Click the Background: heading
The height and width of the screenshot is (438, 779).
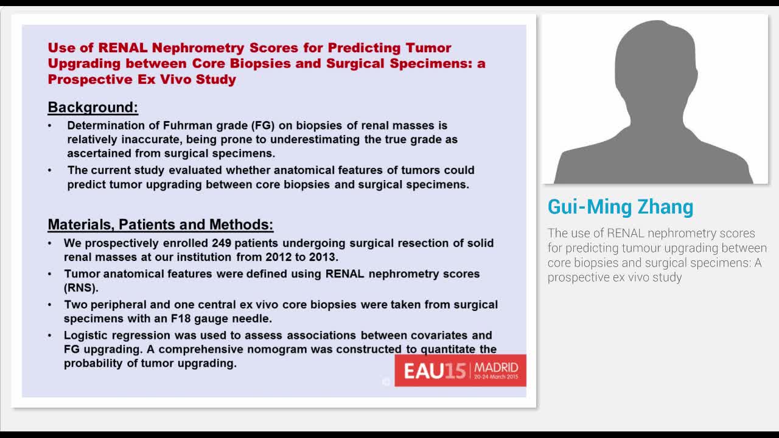pyautogui.click(x=93, y=108)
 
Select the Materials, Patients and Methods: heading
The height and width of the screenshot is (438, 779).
pyautogui.click(x=160, y=224)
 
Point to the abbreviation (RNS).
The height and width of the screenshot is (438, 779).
pyautogui.click(x=81, y=288)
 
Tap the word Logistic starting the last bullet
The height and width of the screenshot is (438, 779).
pyautogui.click(x=85, y=335)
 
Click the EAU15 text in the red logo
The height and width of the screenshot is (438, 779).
pyautogui.click(x=434, y=371)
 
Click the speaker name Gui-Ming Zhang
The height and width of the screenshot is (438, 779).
pyautogui.click(x=620, y=207)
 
